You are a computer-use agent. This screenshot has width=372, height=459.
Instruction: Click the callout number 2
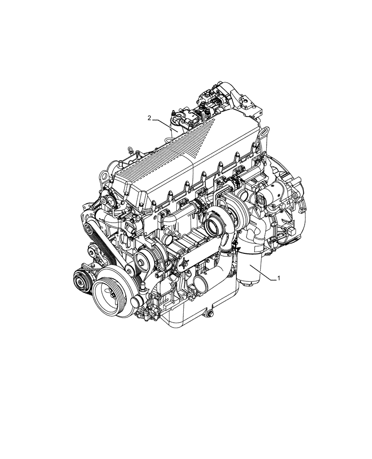[x=149, y=118]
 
